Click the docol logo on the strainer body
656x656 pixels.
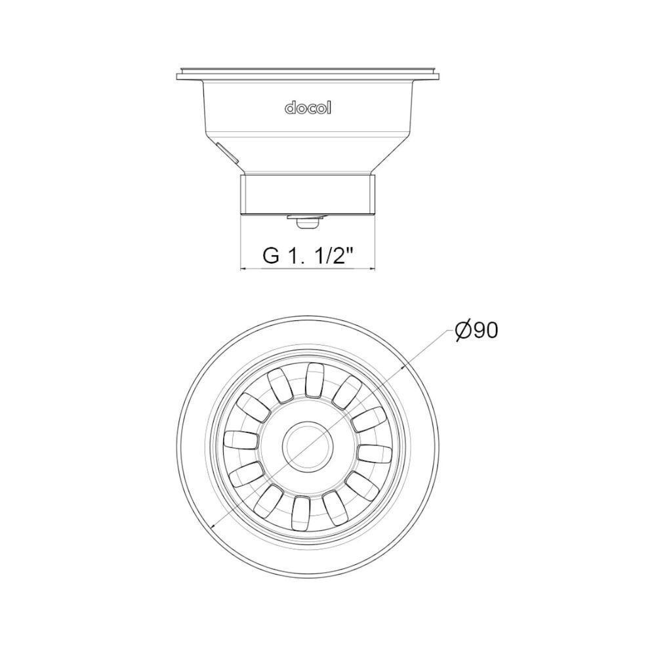[308, 108]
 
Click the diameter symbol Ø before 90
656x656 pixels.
[463, 331]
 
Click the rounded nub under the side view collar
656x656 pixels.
[306, 223]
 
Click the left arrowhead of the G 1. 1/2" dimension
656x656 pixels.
[245, 269]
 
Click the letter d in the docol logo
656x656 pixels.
[289, 108]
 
